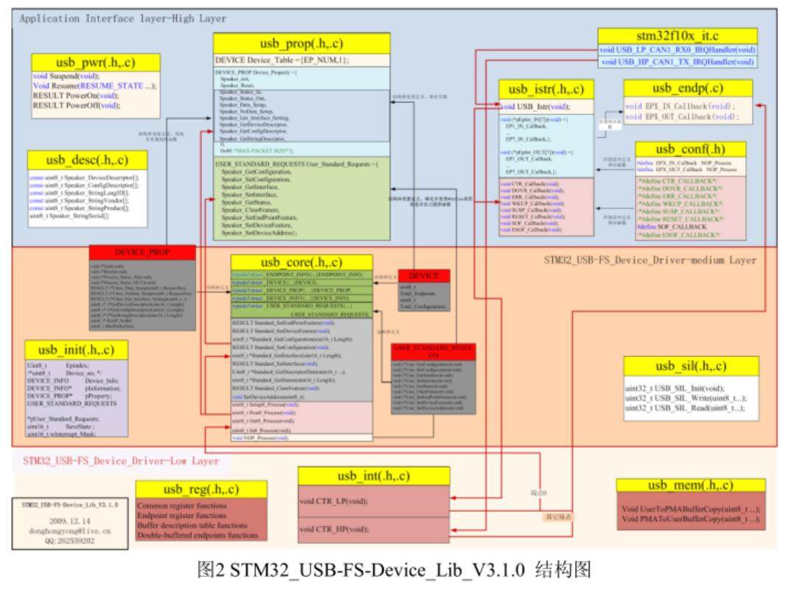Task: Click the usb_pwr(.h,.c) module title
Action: tap(86, 62)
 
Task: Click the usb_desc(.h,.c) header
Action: tap(86, 159)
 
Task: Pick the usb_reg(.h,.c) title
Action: tap(201, 489)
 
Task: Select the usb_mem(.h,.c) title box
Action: tap(690, 485)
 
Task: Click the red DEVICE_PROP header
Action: tap(142, 252)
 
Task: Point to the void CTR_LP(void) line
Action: tap(334, 501)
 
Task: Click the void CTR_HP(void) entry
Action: tap(334, 529)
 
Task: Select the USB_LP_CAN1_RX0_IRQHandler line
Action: tap(677, 49)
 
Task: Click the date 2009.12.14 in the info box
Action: tap(70, 519)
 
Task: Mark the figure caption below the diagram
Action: tap(394, 571)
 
